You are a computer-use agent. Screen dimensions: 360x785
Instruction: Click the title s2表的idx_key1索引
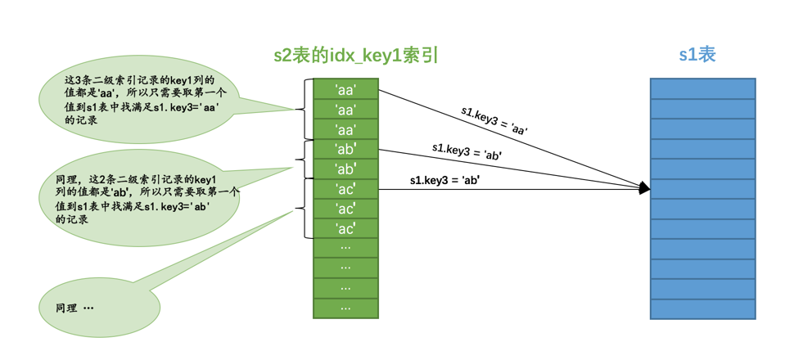(x=356, y=56)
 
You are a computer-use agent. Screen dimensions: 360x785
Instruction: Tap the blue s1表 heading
(x=697, y=55)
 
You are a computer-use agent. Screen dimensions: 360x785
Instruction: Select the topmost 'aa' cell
(x=345, y=89)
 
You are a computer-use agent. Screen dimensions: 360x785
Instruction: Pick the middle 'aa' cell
(x=345, y=110)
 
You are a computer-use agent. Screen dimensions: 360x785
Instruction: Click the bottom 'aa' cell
(x=345, y=129)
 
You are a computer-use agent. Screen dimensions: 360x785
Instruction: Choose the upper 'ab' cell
(x=345, y=149)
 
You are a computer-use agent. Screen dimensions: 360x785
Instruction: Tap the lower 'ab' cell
(x=345, y=169)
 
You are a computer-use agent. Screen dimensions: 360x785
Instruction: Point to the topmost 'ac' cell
(x=345, y=189)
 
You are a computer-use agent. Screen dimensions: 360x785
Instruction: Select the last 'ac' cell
(x=345, y=229)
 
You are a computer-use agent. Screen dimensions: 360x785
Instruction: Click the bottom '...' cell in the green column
(x=345, y=308)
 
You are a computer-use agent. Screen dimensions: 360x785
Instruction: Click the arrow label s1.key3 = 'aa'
(x=494, y=120)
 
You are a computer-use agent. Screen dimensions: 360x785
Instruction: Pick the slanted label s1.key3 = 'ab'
(x=467, y=151)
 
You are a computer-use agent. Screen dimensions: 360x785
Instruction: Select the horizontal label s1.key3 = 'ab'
(x=444, y=181)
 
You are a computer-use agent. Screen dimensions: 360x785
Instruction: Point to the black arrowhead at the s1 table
(x=645, y=189)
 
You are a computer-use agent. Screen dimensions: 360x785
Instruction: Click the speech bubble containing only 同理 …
(x=98, y=308)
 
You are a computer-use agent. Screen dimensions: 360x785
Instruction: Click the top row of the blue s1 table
(x=702, y=88)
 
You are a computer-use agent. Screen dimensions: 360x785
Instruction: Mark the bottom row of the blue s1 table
(x=702, y=309)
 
